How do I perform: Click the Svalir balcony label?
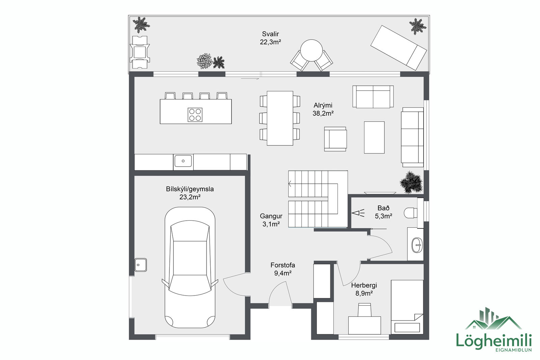[270, 34]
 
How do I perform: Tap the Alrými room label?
[323, 105]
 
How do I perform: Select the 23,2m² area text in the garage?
[190, 197]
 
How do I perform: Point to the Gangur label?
[271, 216]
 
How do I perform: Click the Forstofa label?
[282, 265]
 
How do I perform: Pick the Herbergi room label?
[364, 285]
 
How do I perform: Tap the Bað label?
[383, 208]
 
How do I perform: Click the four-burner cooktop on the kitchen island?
[195, 115]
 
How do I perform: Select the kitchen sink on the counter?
[183, 161]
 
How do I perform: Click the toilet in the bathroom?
[410, 213]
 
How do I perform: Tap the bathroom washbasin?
[417, 245]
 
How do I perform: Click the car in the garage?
[190, 268]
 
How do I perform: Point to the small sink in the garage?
[140, 265]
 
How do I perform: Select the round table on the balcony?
[311, 50]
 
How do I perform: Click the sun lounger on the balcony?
[399, 48]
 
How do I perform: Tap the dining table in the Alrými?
[280, 118]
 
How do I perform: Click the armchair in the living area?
[335, 139]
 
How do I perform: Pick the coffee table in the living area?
[374, 137]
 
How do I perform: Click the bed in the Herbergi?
[407, 307]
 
